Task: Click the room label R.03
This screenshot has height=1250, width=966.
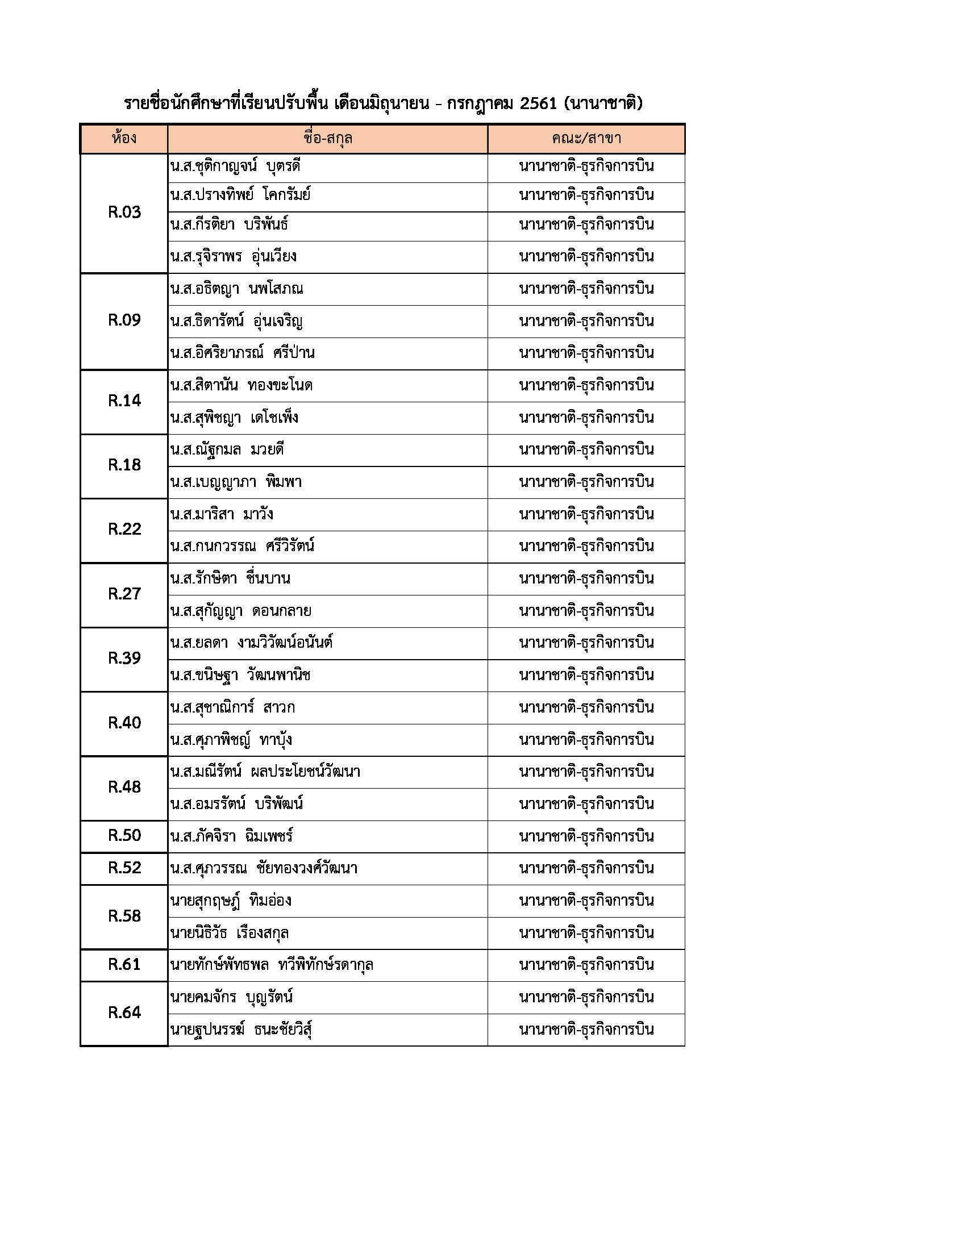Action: pos(124,213)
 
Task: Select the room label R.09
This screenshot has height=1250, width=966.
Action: pos(124,320)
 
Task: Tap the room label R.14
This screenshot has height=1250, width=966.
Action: pos(124,401)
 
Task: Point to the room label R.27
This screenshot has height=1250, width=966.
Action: pos(124,594)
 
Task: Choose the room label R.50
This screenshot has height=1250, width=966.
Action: pos(124,836)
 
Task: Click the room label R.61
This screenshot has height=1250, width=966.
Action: pos(124,965)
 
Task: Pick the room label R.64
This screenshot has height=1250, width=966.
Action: pos(124,1013)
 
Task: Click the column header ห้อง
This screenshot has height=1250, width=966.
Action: pos(124,139)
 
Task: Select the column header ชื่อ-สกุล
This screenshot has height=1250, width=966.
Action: pos(327,139)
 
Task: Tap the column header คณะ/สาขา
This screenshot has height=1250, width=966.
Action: pos(586,139)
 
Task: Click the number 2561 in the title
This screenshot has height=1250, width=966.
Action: pos(538,103)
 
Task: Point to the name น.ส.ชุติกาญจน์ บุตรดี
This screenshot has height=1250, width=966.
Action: pos(235,167)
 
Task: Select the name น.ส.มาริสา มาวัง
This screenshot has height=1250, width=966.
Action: pos(222,515)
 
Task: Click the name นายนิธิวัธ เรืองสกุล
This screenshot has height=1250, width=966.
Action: pos(230,934)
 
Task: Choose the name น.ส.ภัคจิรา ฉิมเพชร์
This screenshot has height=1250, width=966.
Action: pos(232,836)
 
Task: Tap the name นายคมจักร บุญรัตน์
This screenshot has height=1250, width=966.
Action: pos(232,998)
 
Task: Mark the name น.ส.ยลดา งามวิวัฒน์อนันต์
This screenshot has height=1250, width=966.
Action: pos(251,643)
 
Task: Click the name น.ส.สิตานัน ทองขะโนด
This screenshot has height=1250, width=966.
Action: pos(241,386)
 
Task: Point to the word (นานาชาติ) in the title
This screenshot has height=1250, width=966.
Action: pos(603,103)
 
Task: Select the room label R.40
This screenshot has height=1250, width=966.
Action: pos(124,723)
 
